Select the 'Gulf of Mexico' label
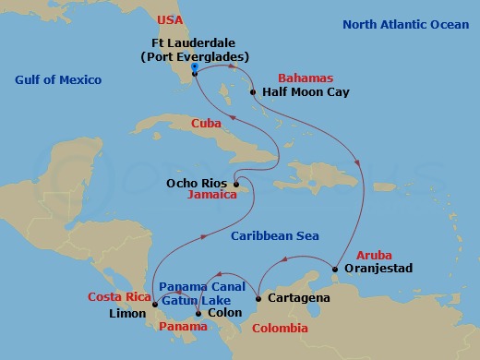point(58,80)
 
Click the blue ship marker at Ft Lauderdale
point(194,67)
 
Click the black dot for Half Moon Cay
point(254,92)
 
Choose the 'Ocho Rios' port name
point(196,183)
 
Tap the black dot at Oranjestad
point(335,269)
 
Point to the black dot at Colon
point(198,313)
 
